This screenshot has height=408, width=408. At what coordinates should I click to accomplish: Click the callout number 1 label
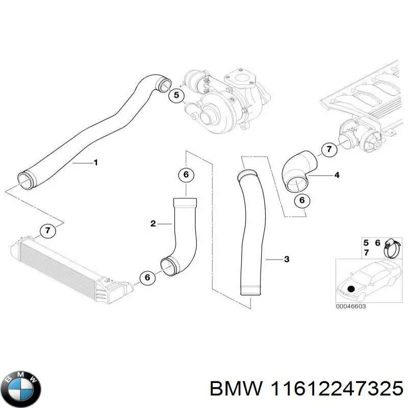coord(95,163)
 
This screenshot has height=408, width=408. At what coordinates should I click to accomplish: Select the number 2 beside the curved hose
coord(153,223)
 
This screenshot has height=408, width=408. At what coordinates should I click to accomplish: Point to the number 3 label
coord(287,260)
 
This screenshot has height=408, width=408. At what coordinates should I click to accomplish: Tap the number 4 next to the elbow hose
coord(337,175)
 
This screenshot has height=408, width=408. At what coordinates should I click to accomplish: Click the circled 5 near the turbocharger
coord(176,95)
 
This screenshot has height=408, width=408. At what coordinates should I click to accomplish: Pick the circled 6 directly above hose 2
coord(186,175)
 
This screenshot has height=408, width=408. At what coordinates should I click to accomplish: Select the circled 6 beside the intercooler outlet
coord(147,278)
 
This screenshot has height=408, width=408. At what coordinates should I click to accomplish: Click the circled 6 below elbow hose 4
coord(301,200)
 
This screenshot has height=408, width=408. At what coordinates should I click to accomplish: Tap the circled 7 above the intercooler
coord(47,231)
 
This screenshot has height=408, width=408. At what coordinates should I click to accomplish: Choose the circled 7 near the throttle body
coord(329,149)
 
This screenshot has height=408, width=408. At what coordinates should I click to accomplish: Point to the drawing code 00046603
coord(351,306)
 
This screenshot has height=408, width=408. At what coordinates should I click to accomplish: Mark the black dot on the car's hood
coord(350,290)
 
